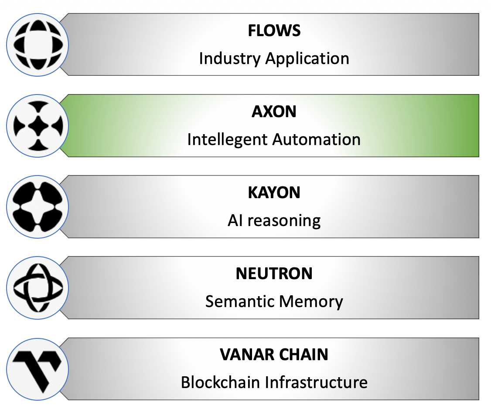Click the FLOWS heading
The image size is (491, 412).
(274, 31)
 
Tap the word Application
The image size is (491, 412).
(307, 58)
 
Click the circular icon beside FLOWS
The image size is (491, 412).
(36, 44)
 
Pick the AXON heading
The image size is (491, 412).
(274, 112)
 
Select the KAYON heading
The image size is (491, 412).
(274, 193)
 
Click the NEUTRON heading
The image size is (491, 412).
(274, 274)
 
